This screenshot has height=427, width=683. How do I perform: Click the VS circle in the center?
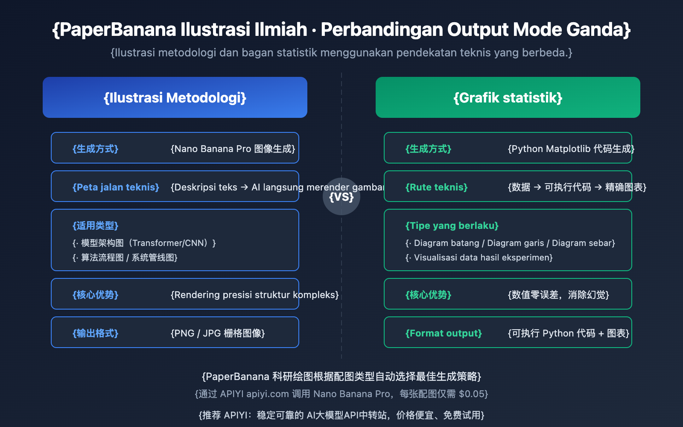click(341, 196)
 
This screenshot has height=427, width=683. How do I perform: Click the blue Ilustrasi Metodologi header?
click(175, 97)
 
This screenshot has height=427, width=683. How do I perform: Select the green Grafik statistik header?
click(508, 97)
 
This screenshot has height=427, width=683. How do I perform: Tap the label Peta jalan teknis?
click(116, 187)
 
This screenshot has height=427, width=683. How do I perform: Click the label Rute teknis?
click(436, 187)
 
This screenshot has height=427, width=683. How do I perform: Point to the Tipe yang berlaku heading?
click(452, 225)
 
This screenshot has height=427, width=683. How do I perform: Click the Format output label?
click(444, 333)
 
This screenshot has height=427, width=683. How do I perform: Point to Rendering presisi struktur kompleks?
click(254, 295)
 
